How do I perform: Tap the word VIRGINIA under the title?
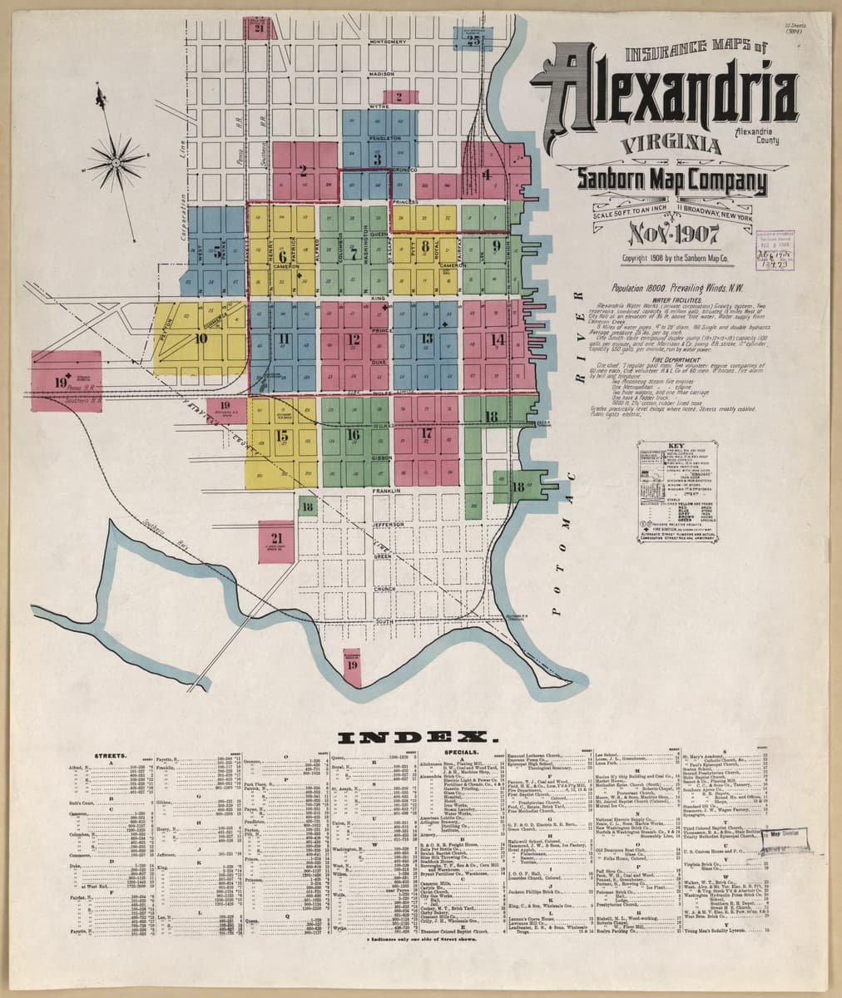coord(671,145)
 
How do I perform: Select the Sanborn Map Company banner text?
coord(672,181)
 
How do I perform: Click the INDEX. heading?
coord(418,737)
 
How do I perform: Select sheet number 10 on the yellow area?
coord(201,338)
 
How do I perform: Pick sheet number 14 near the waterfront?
coord(498,338)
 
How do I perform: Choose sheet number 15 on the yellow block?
coord(282,434)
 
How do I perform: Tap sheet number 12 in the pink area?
coord(354,338)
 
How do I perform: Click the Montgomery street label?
coord(388,41)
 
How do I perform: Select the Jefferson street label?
coord(387,525)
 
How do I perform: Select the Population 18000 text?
coord(646,287)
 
